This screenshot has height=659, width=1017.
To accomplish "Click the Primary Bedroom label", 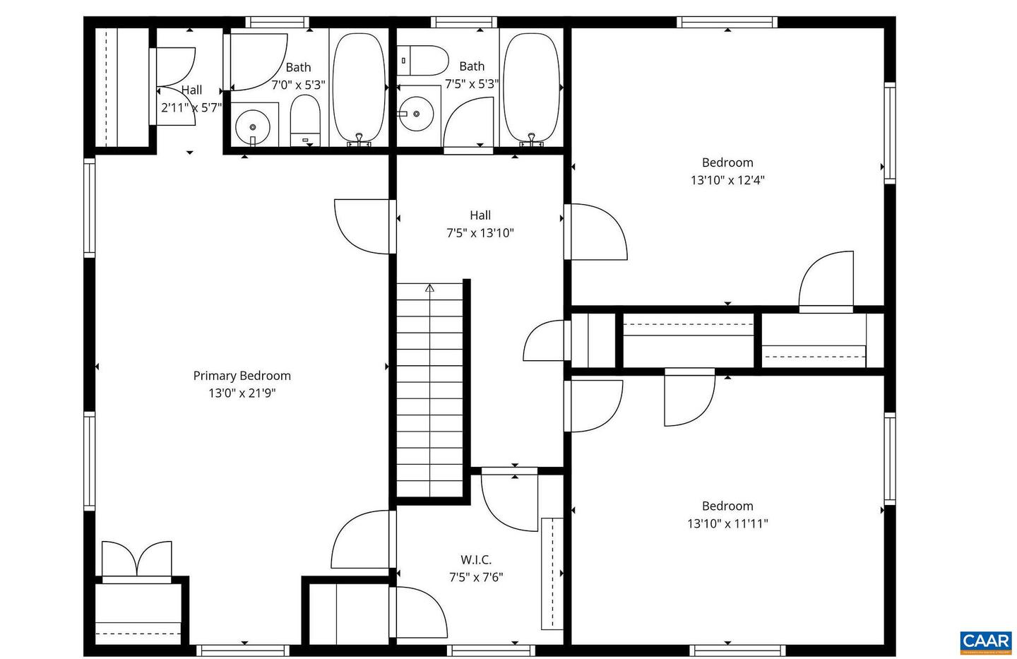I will (x=242, y=376).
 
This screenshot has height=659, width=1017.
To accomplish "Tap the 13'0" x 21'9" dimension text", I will (x=242, y=393).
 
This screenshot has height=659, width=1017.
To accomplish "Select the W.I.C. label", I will (x=476, y=559).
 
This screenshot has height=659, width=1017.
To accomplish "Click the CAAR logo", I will (x=986, y=641).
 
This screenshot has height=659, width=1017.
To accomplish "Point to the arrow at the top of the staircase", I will (x=429, y=287).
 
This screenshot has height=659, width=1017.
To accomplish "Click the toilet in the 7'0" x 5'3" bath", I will (x=306, y=122).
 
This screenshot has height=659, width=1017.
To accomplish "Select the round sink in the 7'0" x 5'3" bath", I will (x=252, y=128).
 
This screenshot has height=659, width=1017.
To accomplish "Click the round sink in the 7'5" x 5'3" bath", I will (x=415, y=114).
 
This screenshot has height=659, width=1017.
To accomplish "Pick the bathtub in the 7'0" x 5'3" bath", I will (x=359, y=88).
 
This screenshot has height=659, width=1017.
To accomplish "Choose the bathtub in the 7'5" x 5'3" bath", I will (x=531, y=88).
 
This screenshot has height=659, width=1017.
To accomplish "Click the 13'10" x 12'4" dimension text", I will (x=727, y=180).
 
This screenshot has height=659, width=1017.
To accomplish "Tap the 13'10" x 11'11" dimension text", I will (x=727, y=523).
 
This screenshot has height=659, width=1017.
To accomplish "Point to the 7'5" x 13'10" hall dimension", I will (x=480, y=233).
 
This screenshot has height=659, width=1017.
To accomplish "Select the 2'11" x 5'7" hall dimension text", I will (x=191, y=108).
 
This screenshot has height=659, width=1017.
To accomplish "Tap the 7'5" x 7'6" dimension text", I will (x=476, y=577).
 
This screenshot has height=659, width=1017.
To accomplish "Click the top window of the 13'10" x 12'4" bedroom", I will (x=727, y=22).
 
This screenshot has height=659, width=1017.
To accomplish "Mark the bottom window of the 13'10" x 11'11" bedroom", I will (x=737, y=650).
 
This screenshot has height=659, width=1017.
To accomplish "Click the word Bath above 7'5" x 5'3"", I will (x=472, y=66).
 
